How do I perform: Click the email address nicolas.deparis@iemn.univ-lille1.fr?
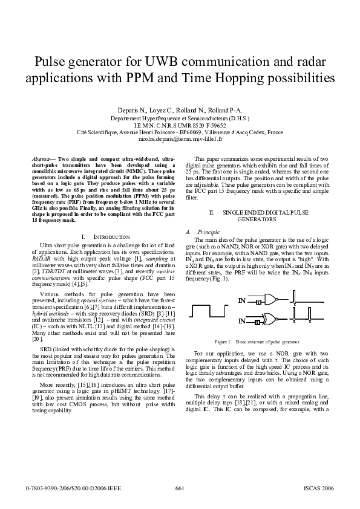click(x=180, y=138)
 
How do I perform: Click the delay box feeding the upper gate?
click(x=258, y=301)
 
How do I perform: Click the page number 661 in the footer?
click(x=179, y=488)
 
